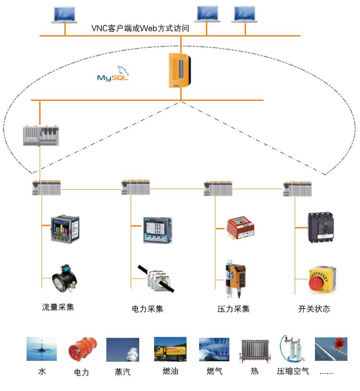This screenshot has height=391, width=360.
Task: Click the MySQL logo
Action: coord(113,74)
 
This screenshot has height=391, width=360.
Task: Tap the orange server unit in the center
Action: coord(181,70)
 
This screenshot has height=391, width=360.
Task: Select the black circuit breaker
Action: coord(321,228)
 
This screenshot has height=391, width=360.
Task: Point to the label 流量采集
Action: coord(58,308)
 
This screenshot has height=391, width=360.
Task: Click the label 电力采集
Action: coord(147,309)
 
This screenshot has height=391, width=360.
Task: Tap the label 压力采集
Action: coord(233,309)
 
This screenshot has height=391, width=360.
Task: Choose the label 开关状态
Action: coord(314,309)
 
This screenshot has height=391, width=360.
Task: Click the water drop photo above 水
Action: coord(42,349)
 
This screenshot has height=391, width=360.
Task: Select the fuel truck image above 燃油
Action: coord(170,349)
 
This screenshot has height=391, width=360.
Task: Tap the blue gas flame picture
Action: coord(214,350)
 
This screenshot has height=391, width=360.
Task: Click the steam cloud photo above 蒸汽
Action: coord(122,350)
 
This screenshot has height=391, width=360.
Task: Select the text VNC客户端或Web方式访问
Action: coord(140,28)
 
